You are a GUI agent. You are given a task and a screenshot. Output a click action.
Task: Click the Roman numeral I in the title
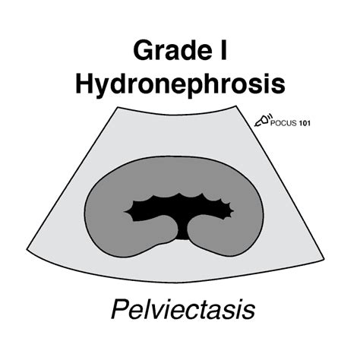[x=223, y=50]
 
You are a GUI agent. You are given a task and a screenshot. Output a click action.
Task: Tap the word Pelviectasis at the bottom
[x=183, y=309]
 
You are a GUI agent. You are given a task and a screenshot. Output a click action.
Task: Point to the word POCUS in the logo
[x=283, y=123]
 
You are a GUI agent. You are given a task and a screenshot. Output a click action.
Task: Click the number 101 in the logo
[x=305, y=123]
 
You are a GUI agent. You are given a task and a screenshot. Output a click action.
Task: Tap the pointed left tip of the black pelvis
[x=124, y=211]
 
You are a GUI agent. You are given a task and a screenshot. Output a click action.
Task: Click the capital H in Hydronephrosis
[x=84, y=83]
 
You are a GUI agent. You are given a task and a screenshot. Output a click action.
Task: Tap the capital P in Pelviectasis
[x=120, y=309]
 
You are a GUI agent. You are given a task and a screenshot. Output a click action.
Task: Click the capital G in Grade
[x=143, y=50]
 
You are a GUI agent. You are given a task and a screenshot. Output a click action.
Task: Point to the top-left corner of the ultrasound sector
[x=118, y=107]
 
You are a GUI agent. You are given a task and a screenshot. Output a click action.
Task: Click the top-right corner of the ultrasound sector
[x=236, y=106]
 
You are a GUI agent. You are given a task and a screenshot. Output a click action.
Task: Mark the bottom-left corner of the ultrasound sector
[x=27, y=250]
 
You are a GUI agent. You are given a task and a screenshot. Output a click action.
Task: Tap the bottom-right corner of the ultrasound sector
[x=324, y=259]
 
